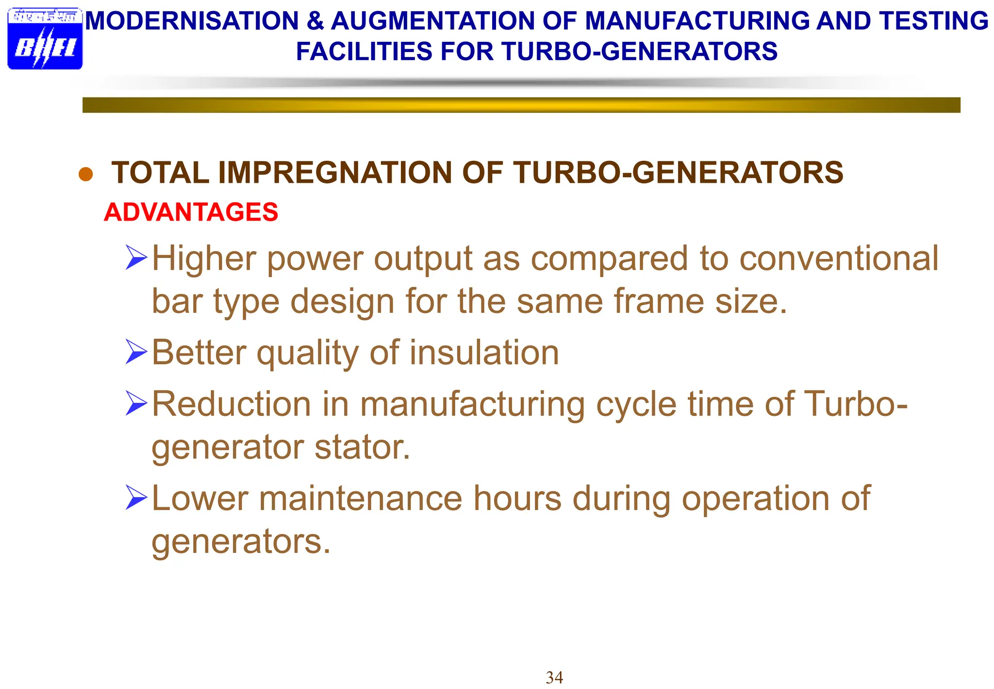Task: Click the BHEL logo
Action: [x=45, y=39]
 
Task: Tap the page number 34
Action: [x=554, y=677]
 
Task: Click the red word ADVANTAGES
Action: [x=191, y=212]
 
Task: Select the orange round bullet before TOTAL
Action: [x=85, y=174]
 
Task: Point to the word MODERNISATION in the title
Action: [x=192, y=21]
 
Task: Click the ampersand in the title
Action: [x=315, y=21]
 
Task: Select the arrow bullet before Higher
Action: [x=136, y=258]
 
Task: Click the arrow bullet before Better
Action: [x=136, y=352]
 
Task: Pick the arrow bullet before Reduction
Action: [x=136, y=403]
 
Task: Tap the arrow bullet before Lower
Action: [x=136, y=498]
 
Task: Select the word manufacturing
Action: [x=472, y=404]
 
